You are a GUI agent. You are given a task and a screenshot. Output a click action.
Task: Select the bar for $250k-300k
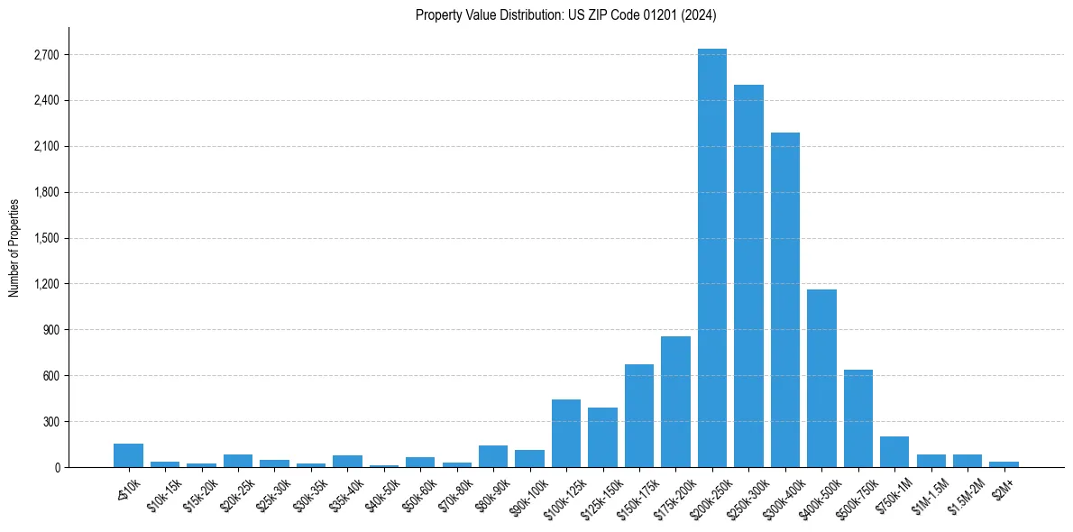pyautogui.click(x=748, y=276)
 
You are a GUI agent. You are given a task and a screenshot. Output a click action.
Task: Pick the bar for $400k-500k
pyautogui.click(x=821, y=378)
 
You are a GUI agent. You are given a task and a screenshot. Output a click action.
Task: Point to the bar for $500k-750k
pyautogui.click(x=858, y=418)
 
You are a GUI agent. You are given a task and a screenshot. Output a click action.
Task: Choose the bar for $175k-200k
pyautogui.click(x=675, y=401)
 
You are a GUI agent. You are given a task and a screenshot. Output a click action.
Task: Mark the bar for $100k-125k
pyautogui.click(x=566, y=433)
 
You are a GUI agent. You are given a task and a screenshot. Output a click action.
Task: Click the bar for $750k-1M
pyautogui.click(x=894, y=452)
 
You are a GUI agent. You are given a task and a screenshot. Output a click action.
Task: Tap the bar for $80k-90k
pyautogui.click(x=493, y=456)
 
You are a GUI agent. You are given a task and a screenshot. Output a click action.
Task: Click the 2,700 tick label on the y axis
pyautogui.click(x=45, y=55)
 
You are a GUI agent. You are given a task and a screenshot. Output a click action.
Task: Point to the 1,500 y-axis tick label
pyautogui.click(x=45, y=238)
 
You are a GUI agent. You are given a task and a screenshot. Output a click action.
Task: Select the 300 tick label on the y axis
pyautogui.click(x=50, y=421)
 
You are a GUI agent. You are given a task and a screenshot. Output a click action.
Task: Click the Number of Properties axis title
pyautogui.click(x=14, y=247)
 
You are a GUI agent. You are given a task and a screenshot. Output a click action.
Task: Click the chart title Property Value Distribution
pyautogui.click(x=565, y=15)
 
